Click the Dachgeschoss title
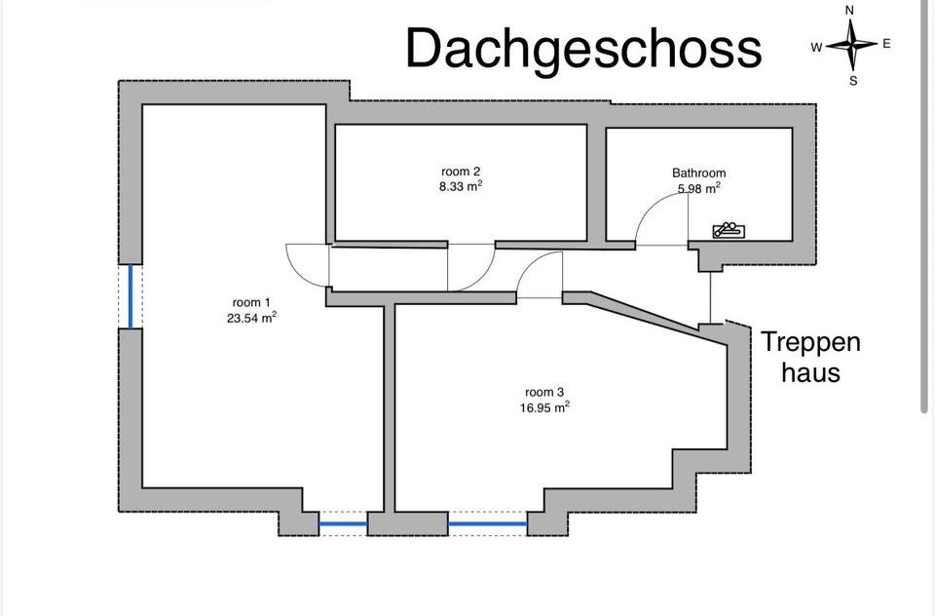click(x=582, y=48)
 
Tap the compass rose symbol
click(x=852, y=45)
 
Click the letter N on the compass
click(x=850, y=11)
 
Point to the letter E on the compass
click(x=886, y=44)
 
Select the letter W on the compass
click(x=816, y=47)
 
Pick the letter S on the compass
click(x=853, y=81)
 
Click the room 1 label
click(x=246, y=303)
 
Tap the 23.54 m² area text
click(x=250, y=317)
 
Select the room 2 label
click(x=461, y=172)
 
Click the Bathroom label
click(x=698, y=173)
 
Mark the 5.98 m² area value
click(x=698, y=188)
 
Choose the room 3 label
click(x=544, y=394)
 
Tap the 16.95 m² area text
click(x=544, y=408)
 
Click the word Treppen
click(x=810, y=343)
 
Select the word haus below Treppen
click(x=810, y=371)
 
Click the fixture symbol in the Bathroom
click(x=729, y=231)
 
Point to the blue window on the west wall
click(x=131, y=296)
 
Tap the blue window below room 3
click(x=487, y=524)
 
